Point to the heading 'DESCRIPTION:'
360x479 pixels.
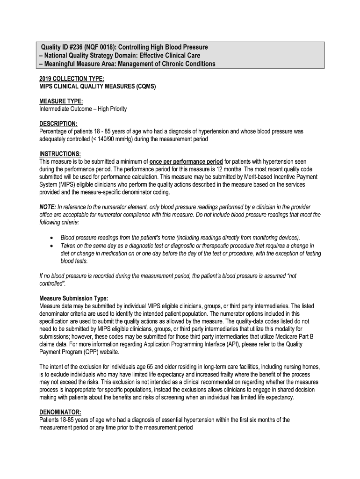pos(58,123)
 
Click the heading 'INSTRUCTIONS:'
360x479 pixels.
pos(60,154)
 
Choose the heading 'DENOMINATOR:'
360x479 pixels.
pos(60,412)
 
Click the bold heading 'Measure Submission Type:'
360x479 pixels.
pos(74,298)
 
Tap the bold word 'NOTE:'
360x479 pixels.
pos(48,207)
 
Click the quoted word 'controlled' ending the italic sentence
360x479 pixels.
pos(52,284)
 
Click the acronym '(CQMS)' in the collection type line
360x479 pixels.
pos(142,87)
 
